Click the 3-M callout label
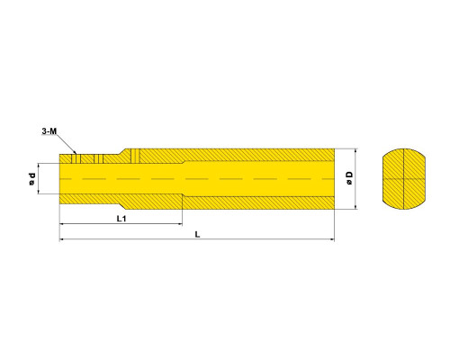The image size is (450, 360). tap(49, 131)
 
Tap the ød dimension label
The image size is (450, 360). tap(31, 179)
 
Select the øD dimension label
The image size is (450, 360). tap(349, 178)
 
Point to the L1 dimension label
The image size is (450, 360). tap(121, 219)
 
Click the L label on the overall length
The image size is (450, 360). tap(197, 234)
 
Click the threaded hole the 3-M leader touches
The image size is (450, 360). tap(76, 159)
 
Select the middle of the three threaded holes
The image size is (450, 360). tap(99, 159)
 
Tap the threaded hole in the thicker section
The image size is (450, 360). tap(135, 156)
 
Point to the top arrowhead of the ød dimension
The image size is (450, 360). tap(39, 166)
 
